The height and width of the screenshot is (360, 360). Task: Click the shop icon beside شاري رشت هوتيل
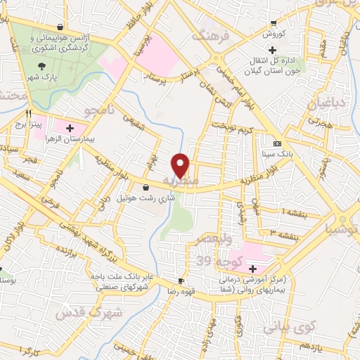tap(146, 187)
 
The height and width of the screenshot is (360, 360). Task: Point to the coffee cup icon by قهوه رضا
tap(181, 281)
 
